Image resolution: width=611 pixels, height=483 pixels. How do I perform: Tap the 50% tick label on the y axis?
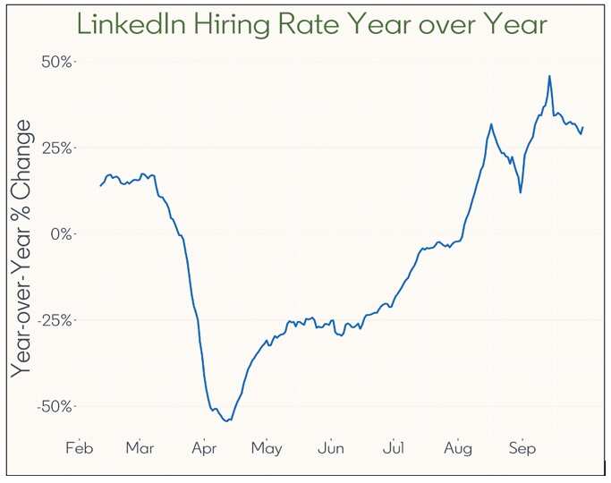coord(58,62)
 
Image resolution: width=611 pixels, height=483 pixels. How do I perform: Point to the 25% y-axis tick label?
coord(58,148)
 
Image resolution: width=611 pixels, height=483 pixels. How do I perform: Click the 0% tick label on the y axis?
coord(62,233)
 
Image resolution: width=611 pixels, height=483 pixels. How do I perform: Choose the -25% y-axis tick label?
coord(55,319)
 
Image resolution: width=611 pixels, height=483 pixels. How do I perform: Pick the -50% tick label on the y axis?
coord(55,406)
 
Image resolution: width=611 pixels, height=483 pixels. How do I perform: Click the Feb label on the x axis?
coord(80,448)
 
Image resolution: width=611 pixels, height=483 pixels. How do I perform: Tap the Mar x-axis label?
coord(140,448)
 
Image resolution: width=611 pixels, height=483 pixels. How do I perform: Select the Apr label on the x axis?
coord(205,448)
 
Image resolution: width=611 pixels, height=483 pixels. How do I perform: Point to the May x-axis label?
coord(267,448)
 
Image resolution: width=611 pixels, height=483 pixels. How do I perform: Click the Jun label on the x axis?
coord(331,448)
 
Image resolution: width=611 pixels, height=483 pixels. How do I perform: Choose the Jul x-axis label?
coord(394,448)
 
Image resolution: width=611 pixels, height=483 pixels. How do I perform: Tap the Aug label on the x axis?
coord(458,448)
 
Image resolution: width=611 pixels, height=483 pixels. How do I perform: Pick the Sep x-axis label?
coord(522,448)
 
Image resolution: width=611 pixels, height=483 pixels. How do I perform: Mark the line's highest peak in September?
coord(549,76)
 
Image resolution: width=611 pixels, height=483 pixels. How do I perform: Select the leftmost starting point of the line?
coord(100,185)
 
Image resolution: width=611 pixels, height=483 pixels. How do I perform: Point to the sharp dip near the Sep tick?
coord(520,191)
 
